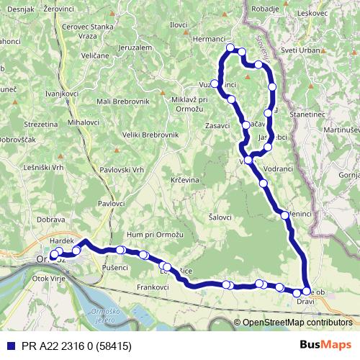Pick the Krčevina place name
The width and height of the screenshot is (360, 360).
pyautogui.click(x=185, y=179)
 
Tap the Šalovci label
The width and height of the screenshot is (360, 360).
pyautogui.click(x=220, y=217)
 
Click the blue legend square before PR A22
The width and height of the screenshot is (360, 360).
pyautogui.click(x=8, y=346)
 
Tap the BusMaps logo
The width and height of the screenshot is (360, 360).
pyautogui.click(x=325, y=346)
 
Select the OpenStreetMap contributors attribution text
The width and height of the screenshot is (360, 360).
pyautogui.click(x=297, y=323)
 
